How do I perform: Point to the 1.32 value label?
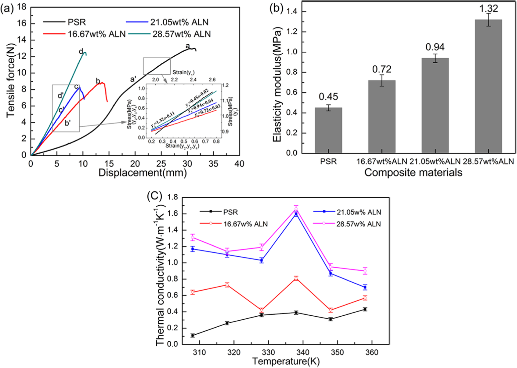488,9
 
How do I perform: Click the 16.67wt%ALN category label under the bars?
382,161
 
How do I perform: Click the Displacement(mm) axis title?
143,173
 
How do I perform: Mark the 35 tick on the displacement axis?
213,164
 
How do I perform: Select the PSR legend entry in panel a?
64,22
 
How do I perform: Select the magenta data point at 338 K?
296,209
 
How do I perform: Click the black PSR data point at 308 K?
193,335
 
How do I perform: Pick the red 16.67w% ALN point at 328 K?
261,310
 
